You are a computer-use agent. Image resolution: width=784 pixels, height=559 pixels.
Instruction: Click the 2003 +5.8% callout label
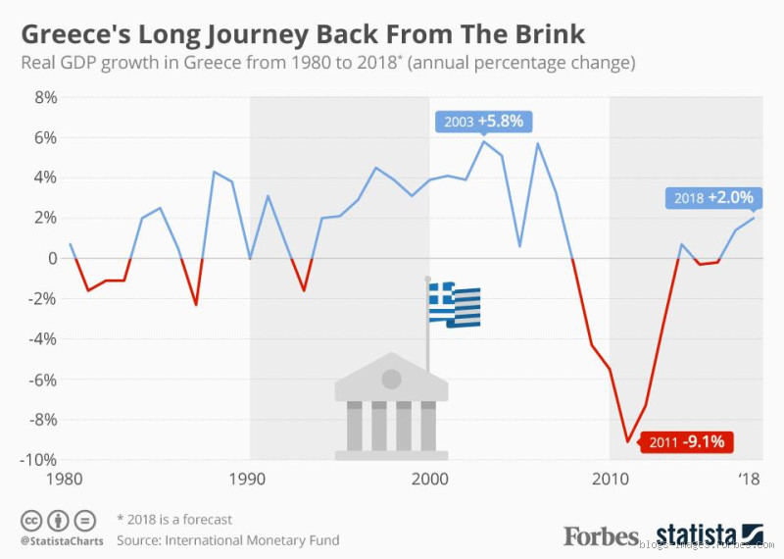click(x=484, y=122)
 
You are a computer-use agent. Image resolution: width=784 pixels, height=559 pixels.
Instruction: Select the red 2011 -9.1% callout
click(x=686, y=441)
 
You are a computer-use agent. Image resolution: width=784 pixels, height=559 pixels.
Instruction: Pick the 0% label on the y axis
click(x=45, y=258)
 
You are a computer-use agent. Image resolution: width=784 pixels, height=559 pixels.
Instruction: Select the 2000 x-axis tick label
click(x=429, y=480)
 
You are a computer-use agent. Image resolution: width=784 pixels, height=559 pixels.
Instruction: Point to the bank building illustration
click(x=391, y=407)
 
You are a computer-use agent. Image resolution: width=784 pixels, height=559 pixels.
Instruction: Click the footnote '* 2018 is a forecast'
click(x=174, y=519)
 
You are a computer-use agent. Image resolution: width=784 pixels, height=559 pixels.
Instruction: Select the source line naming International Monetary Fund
click(x=227, y=539)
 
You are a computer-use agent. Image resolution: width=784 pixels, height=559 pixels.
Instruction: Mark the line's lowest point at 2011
click(x=628, y=442)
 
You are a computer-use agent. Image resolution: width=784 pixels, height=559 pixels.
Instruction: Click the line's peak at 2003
click(x=483, y=141)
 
